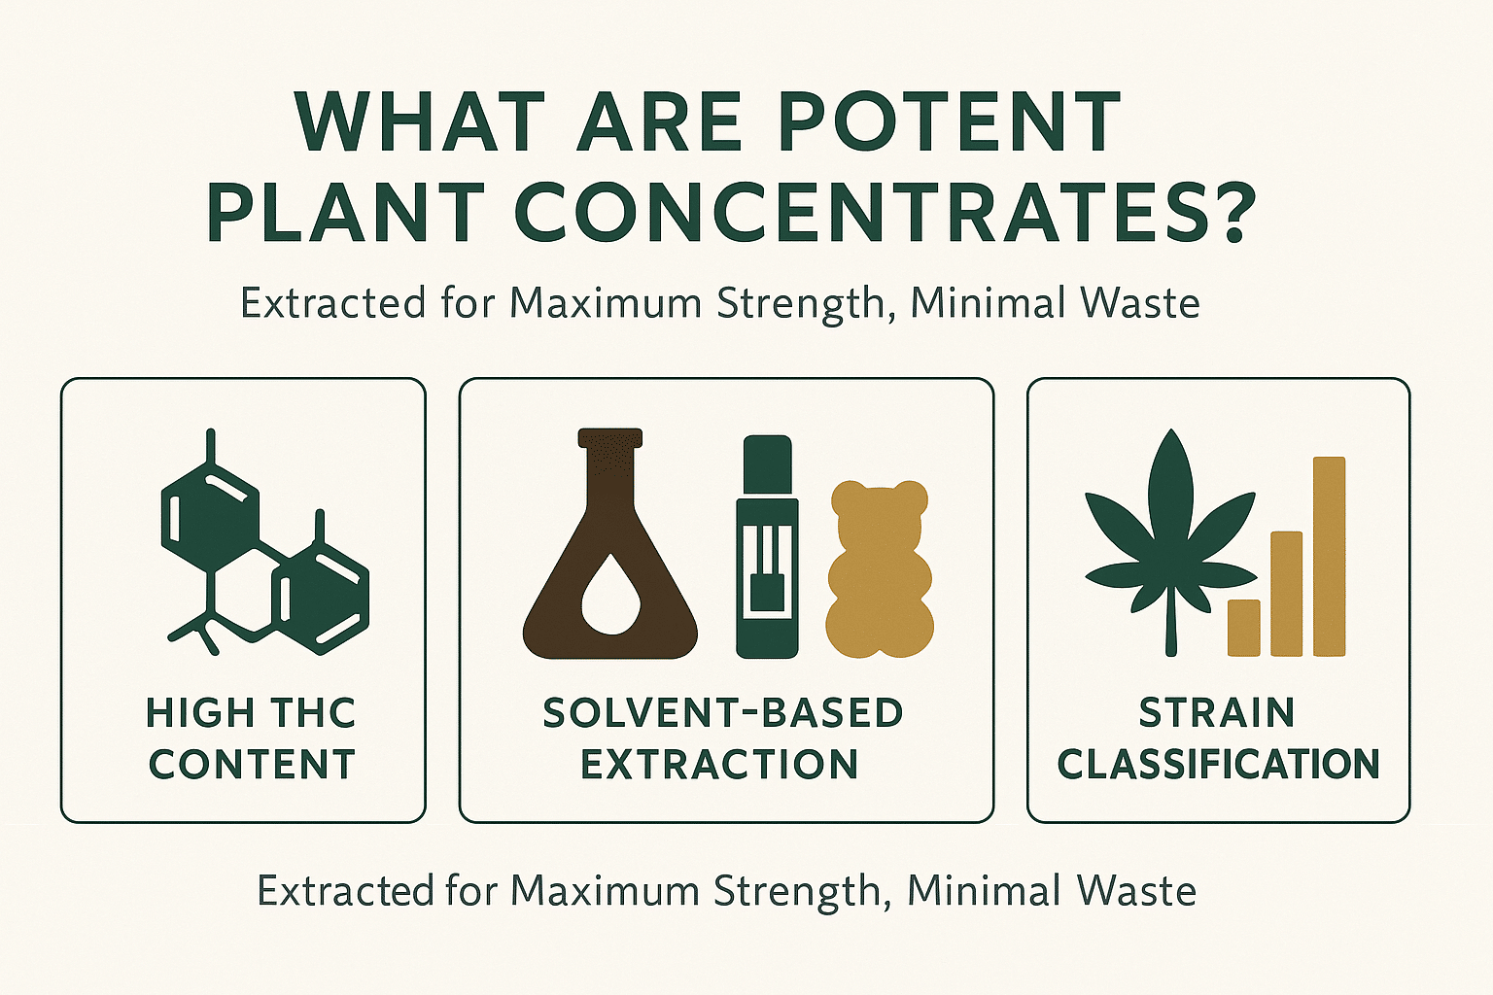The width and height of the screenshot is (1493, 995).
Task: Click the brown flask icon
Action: [610, 543]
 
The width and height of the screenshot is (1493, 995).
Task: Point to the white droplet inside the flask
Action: [610, 593]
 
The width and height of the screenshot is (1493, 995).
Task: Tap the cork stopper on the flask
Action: [610, 438]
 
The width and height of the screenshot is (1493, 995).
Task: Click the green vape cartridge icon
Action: [767, 546]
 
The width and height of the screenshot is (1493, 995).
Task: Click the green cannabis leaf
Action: [1170, 541]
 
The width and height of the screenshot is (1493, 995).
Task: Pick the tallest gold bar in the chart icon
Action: [1329, 557]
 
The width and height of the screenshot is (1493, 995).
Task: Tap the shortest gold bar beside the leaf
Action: [1244, 628]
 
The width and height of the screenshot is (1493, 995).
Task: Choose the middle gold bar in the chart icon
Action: [1286, 594]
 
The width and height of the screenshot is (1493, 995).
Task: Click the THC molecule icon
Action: [265, 541]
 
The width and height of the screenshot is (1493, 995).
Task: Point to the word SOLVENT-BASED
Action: [724, 712]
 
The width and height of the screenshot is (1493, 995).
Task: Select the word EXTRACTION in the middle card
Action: [720, 764]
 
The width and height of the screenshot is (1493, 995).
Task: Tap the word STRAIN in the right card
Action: [1217, 712]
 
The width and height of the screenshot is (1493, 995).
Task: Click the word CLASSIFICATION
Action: [1218, 764]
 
